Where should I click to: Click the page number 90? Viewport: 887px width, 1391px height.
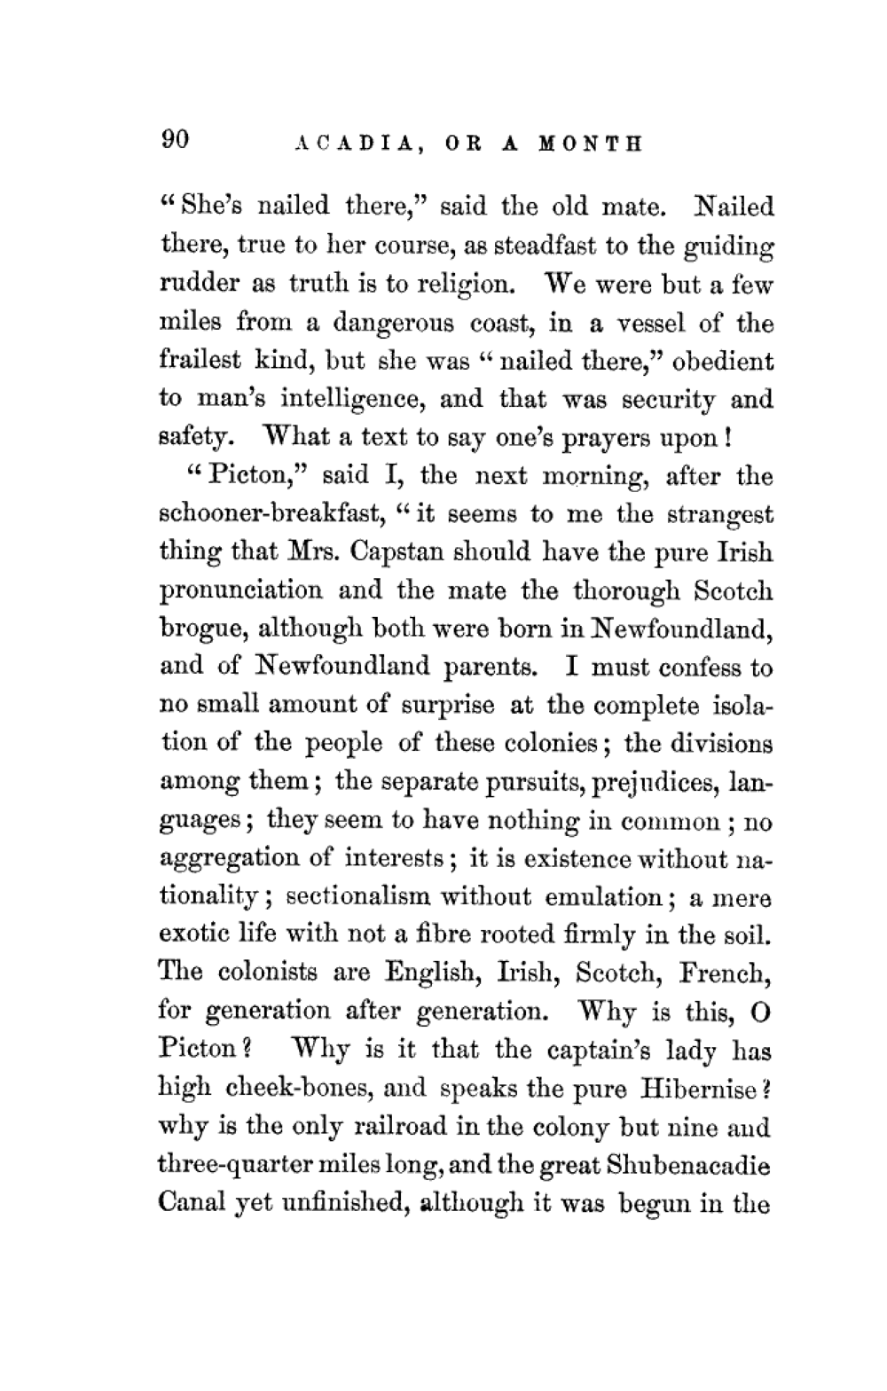click(x=175, y=140)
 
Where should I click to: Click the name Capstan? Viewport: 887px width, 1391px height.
click(x=399, y=553)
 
